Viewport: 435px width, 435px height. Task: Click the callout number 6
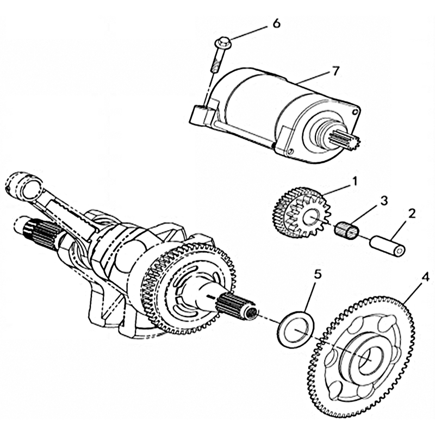tap(276, 24)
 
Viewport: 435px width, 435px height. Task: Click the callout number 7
tap(335, 71)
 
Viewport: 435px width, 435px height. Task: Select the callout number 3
tap(384, 201)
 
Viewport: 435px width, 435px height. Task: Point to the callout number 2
tap(411, 213)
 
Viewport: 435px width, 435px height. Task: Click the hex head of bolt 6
tap(223, 41)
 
